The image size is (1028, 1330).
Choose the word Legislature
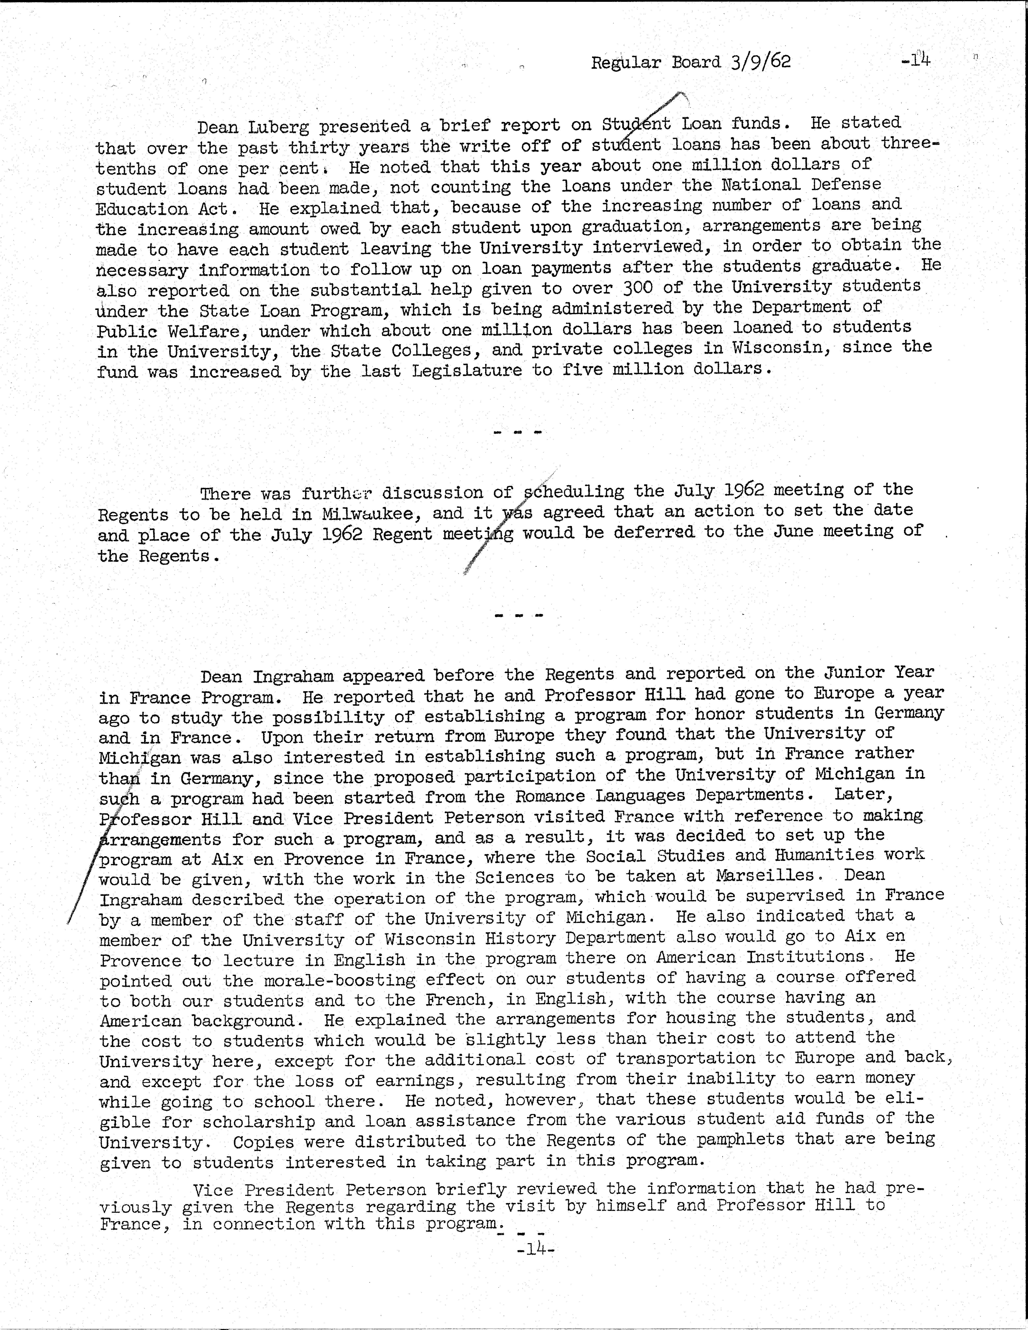[x=466, y=370]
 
